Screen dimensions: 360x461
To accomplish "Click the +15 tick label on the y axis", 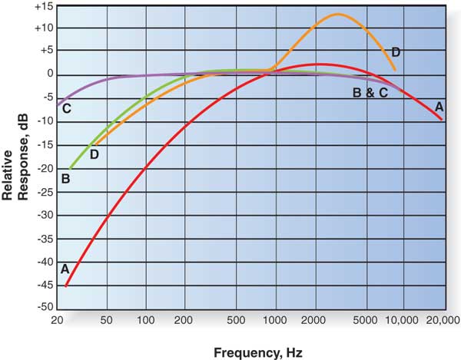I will pos(41,5).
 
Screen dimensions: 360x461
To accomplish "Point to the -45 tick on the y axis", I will pos(42,286).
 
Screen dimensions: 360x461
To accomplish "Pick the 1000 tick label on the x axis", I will pos(274,319).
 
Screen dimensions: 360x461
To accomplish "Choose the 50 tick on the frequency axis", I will pos(107,319).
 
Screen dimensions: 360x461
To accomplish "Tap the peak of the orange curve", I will pos(338,15).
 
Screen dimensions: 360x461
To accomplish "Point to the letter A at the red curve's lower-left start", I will pos(65,269).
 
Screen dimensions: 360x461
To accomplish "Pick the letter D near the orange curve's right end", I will pos(396,52).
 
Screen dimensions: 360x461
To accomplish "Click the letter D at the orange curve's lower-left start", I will pos(94,154).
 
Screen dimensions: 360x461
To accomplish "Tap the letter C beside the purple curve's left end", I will pos(67,108).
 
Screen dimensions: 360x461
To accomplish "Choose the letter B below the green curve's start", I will pos(65,179).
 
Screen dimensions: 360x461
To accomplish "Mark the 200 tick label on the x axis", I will pos(184,319).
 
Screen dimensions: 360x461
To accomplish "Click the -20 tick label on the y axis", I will pos(42,169).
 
